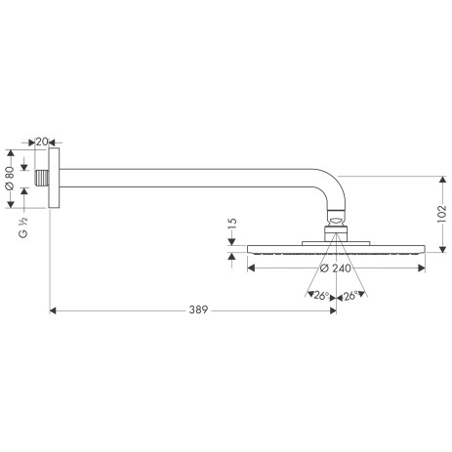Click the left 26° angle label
pos(318,295)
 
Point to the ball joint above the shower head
pos(334,226)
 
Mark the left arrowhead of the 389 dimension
pos(52,311)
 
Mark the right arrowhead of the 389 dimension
pos(332,311)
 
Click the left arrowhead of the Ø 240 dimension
pos(252,266)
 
